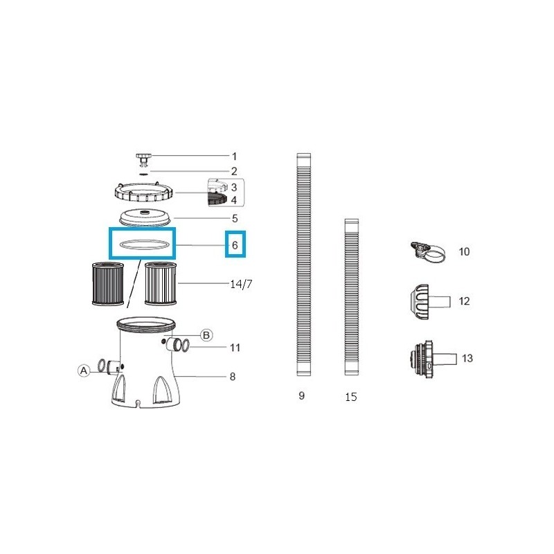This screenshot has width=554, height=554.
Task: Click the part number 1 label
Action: click(x=234, y=157)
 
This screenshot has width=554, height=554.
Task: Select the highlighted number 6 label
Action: click(x=235, y=245)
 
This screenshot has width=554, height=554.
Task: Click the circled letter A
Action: click(x=84, y=371)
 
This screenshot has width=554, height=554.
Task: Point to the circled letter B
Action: click(x=206, y=335)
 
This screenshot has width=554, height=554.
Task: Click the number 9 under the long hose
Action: click(x=301, y=396)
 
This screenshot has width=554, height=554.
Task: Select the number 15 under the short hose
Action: click(x=352, y=397)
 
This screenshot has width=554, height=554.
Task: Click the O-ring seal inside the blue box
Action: click(x=141, y=244)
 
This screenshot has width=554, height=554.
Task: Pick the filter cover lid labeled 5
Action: click(x=145, y=217)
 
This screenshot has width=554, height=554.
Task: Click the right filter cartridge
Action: click(x=161, y=283)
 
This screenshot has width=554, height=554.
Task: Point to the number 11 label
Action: click(x=235, y=348)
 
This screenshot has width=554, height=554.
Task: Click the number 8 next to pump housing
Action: click(x=232, y=377)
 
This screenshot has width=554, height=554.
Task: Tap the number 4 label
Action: click(x=234, y=201)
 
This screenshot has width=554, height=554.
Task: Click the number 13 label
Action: click(x=468, y=358)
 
